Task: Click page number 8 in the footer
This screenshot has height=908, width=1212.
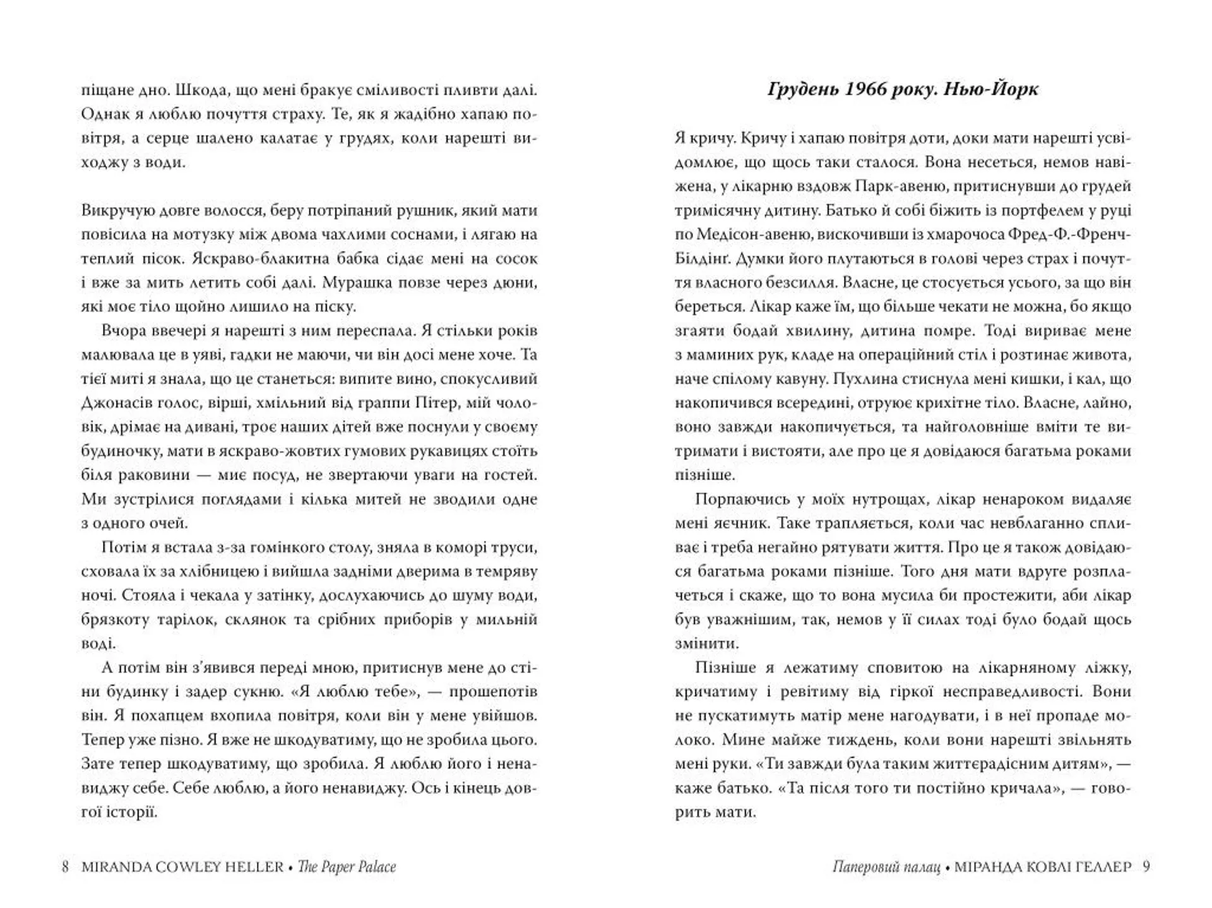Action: tap(65, 866)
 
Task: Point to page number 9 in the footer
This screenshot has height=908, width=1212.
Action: tap(1146, 866)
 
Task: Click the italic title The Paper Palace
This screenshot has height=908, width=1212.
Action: tap(347, 866)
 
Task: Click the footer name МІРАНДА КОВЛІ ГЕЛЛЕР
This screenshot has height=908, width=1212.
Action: tap(1043, 866)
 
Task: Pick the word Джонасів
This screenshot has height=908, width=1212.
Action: tap(112, 403)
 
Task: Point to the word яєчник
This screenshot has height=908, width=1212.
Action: tap(740, 523)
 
